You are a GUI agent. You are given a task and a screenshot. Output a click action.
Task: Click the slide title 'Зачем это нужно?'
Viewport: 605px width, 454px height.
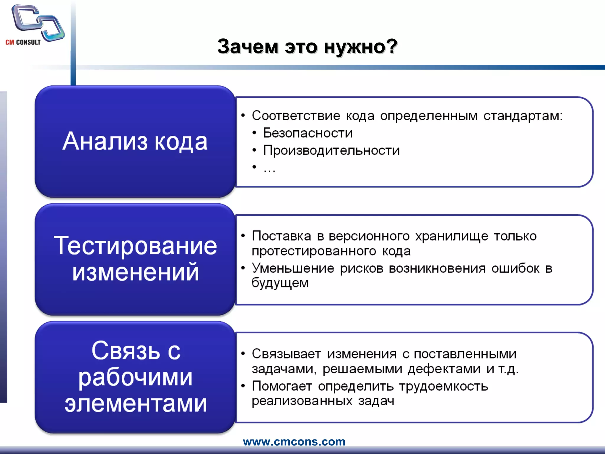[307, 47]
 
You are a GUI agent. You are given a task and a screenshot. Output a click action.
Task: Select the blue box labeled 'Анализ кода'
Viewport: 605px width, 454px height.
[135, 141]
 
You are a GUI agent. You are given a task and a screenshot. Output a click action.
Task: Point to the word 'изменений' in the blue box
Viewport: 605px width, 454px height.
[135, 272]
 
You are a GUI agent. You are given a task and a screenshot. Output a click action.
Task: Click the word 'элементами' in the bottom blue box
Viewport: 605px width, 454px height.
[135, 404]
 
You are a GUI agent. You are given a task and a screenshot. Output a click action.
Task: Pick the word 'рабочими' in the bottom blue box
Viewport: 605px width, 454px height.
[135, 378]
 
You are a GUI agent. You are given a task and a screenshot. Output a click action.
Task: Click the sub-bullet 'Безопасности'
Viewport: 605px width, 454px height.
[308, 133]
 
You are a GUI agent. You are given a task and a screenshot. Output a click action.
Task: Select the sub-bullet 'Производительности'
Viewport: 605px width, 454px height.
[331, 150]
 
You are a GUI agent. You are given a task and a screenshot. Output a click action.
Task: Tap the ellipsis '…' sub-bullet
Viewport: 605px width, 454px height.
[269, 169]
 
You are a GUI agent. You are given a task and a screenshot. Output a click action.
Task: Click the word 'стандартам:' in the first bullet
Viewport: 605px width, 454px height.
[523, 116]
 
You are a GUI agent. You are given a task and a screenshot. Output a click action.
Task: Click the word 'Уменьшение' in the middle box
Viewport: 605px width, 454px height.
[293, 268]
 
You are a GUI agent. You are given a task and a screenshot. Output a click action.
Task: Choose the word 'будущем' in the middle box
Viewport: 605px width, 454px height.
[280, 283]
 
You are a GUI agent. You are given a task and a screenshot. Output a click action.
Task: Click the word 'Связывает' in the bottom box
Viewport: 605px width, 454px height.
[286, 354]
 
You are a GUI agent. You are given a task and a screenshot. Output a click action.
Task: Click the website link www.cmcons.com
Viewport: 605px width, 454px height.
[294, 442]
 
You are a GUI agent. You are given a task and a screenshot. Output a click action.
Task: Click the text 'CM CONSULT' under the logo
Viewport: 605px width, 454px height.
[23, 43]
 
